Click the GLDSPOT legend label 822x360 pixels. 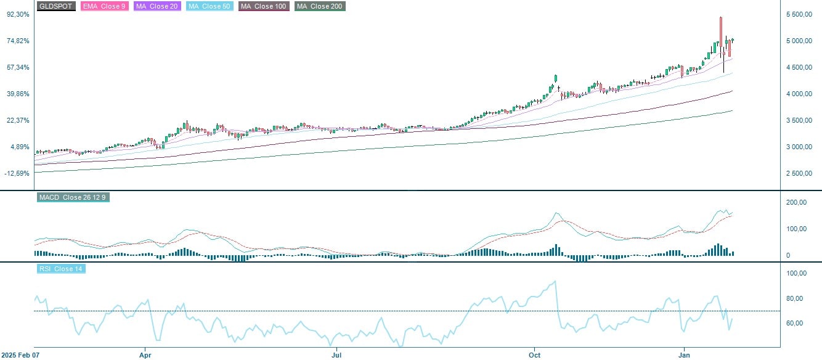tap(56, 6)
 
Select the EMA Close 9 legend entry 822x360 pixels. tap(104, 6)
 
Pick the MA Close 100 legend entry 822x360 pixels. tap(264, 6)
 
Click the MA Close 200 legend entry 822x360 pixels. tap(320, 6)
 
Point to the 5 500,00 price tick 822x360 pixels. tap(800, 14)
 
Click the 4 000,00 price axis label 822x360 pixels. tap(800, 94)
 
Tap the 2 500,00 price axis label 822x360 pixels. tap(800, 173)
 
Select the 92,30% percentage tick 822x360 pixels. tap(18, 14)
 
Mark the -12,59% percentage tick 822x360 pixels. tap(17, 173)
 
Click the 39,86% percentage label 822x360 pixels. tap(18, 94)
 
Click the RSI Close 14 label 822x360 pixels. tap(61, 269)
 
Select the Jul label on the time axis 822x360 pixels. tap(336, 355)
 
